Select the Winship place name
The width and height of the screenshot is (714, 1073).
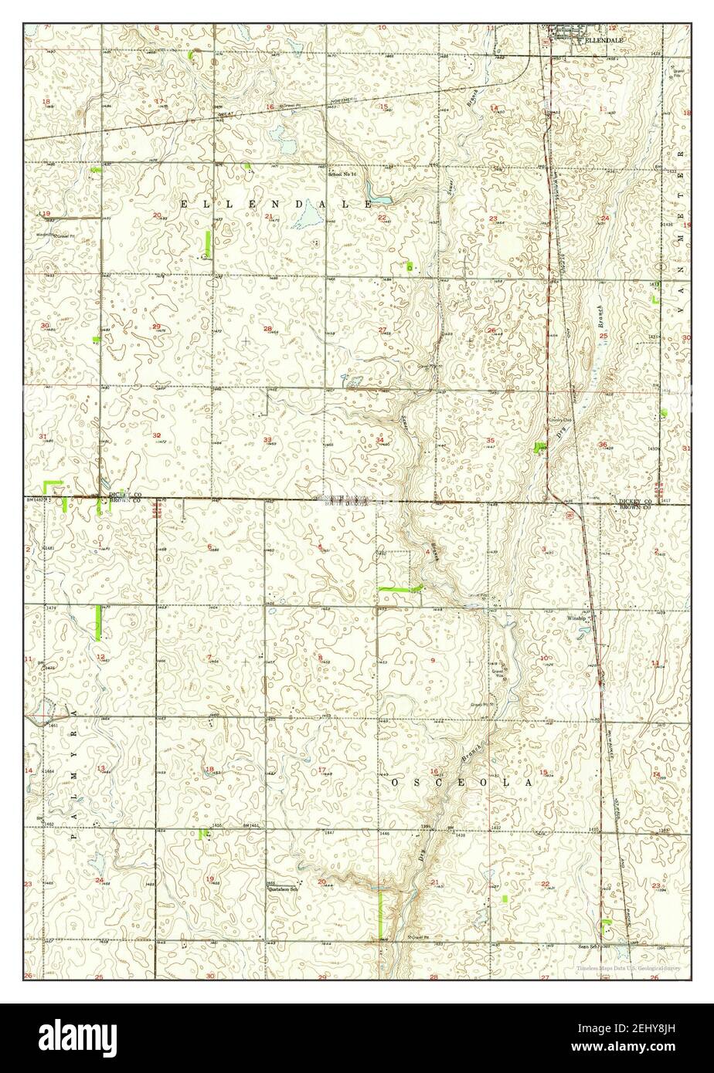point(579,618)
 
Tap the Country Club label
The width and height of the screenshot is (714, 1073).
point(559,421)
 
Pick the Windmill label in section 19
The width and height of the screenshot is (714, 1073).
point(46,234)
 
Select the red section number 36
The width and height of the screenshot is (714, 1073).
point(603,445)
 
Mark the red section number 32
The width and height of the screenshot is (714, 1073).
point(157,435)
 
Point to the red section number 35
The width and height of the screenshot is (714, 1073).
point(490,440)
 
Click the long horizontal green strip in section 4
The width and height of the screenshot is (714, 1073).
point(398,590)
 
